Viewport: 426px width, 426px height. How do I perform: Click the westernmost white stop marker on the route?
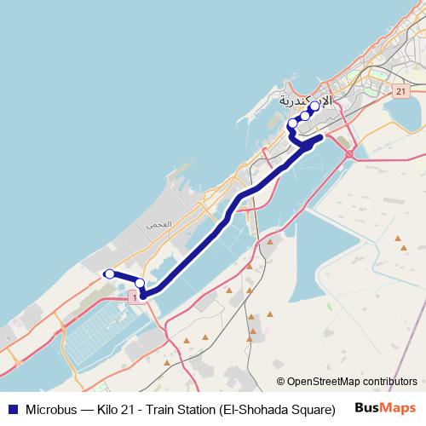pyautogui.click(x=109, y=273)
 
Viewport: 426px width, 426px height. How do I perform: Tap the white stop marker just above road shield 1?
pyautogui.click(x=140, y=283)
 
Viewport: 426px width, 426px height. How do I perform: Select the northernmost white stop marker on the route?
pyautogui.click(x=314, y=106)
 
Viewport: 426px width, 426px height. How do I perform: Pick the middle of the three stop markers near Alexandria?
pyautogui.click(x=305, y=116)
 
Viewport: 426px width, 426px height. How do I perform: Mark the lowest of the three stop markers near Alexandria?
pyautogui.click(x=293, y=124)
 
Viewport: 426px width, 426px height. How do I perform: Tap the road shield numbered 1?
pyautogui.click(x=134, y=294)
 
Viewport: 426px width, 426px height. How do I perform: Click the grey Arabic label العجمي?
pyautogui.click(x=158, y=225)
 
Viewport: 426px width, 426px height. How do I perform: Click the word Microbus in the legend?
pyautogui.click(x=54, y=408)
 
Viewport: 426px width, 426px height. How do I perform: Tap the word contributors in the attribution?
pyautogui.click(x=389, y=382)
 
